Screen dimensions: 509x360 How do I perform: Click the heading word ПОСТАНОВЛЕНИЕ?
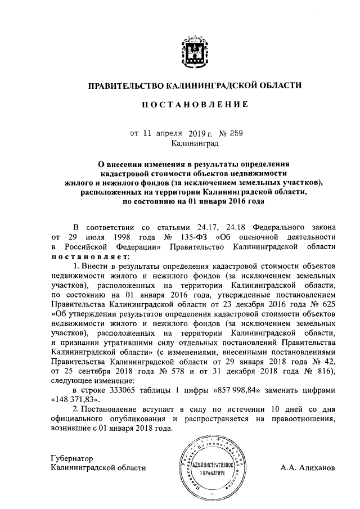(x=194, y=105)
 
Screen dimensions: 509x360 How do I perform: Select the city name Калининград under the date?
(x=195, y=144)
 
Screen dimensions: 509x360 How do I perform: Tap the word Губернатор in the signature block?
(x=71, y=457)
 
